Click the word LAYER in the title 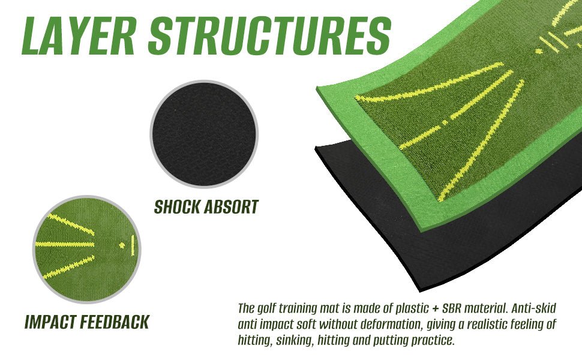pos(79,36)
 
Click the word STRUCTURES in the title pos(269,36)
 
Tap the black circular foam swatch pos(204,134)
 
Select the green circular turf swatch pos(87,249)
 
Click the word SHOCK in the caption pos(177,207)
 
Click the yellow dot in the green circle pos(122,245)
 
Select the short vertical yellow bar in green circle pos(133,245)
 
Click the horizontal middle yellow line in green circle pos(65,245)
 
